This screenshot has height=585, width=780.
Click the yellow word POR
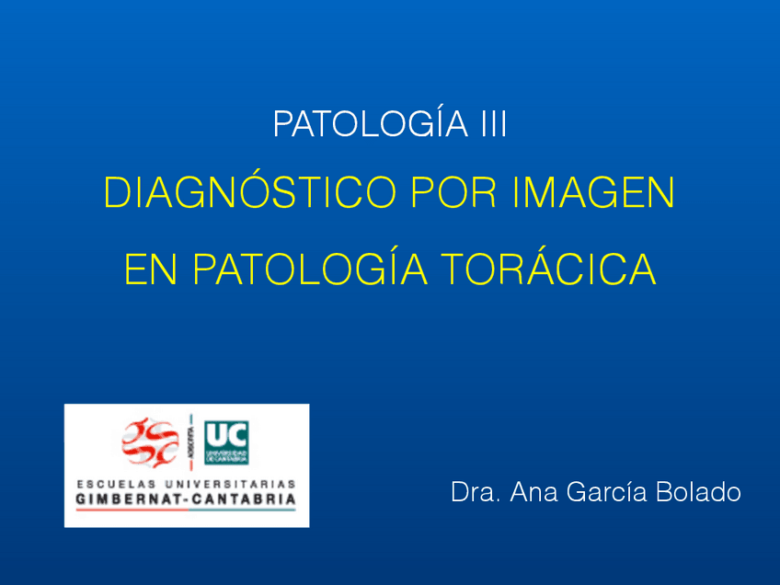[444, 194]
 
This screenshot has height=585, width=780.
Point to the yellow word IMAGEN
[595, 194]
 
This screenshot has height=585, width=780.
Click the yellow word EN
[148, 270]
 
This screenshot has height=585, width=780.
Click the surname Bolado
[698, 492]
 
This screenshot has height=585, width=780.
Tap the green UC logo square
[226, 442]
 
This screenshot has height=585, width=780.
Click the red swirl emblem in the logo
[151, 442]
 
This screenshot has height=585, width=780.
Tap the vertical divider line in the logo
[192, 442]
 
